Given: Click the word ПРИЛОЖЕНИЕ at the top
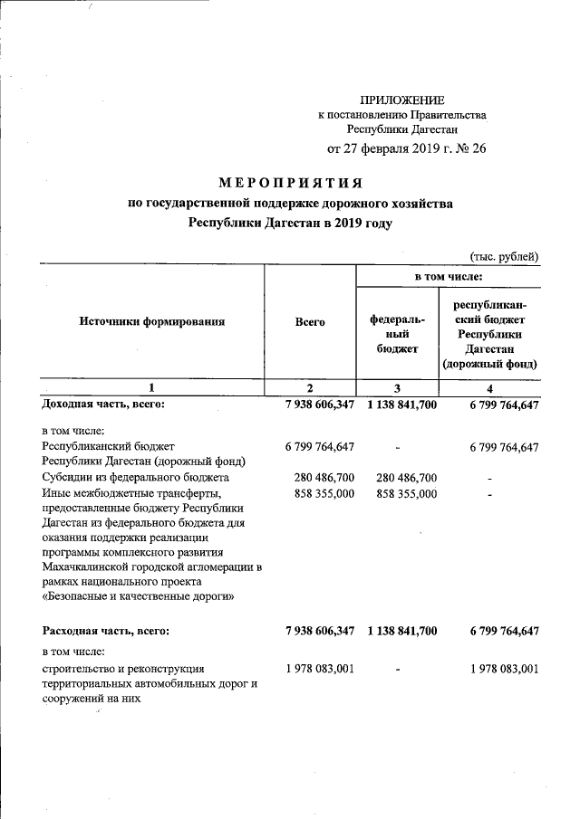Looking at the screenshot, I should [x=402, y=100].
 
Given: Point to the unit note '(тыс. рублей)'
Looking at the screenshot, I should [x=504, y=256].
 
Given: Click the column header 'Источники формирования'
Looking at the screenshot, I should [x=151, y=321].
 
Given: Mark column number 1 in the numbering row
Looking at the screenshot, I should [x=151, y=388].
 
